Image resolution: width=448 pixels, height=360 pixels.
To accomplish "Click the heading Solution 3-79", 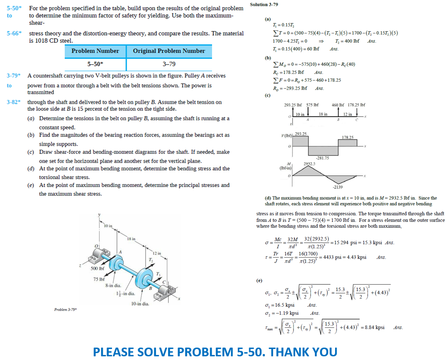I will coord(265,5).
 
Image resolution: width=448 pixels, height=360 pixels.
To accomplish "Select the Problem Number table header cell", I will coord(95,51).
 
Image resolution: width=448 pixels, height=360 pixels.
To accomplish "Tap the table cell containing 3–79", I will coord(169,64).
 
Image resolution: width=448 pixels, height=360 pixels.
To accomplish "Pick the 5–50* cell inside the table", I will coord(95,64).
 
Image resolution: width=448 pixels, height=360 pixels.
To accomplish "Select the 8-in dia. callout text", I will coord(113,286).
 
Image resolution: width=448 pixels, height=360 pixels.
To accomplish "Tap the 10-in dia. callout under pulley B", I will coord(139,304).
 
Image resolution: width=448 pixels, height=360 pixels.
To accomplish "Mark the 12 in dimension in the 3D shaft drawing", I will coord(157,253).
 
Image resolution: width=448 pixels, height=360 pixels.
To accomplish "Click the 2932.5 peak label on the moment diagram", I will coord(308,163).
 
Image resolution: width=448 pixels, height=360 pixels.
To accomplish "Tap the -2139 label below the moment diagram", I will coord(338,187).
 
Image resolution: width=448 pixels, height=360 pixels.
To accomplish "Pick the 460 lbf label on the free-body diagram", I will coord(338,105).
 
